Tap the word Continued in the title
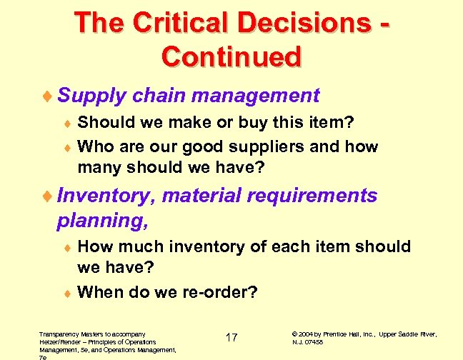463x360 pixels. coord(231,56)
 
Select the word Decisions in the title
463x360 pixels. coord(309,23)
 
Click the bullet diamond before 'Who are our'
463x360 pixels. coord(68,148)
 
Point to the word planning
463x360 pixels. coord(101,221)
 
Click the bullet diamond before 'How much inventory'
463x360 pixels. coord(68,248)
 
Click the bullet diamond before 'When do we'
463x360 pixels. coord(68,293)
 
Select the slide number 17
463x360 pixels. coord(231,337)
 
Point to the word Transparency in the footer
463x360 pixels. coord(59,334)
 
